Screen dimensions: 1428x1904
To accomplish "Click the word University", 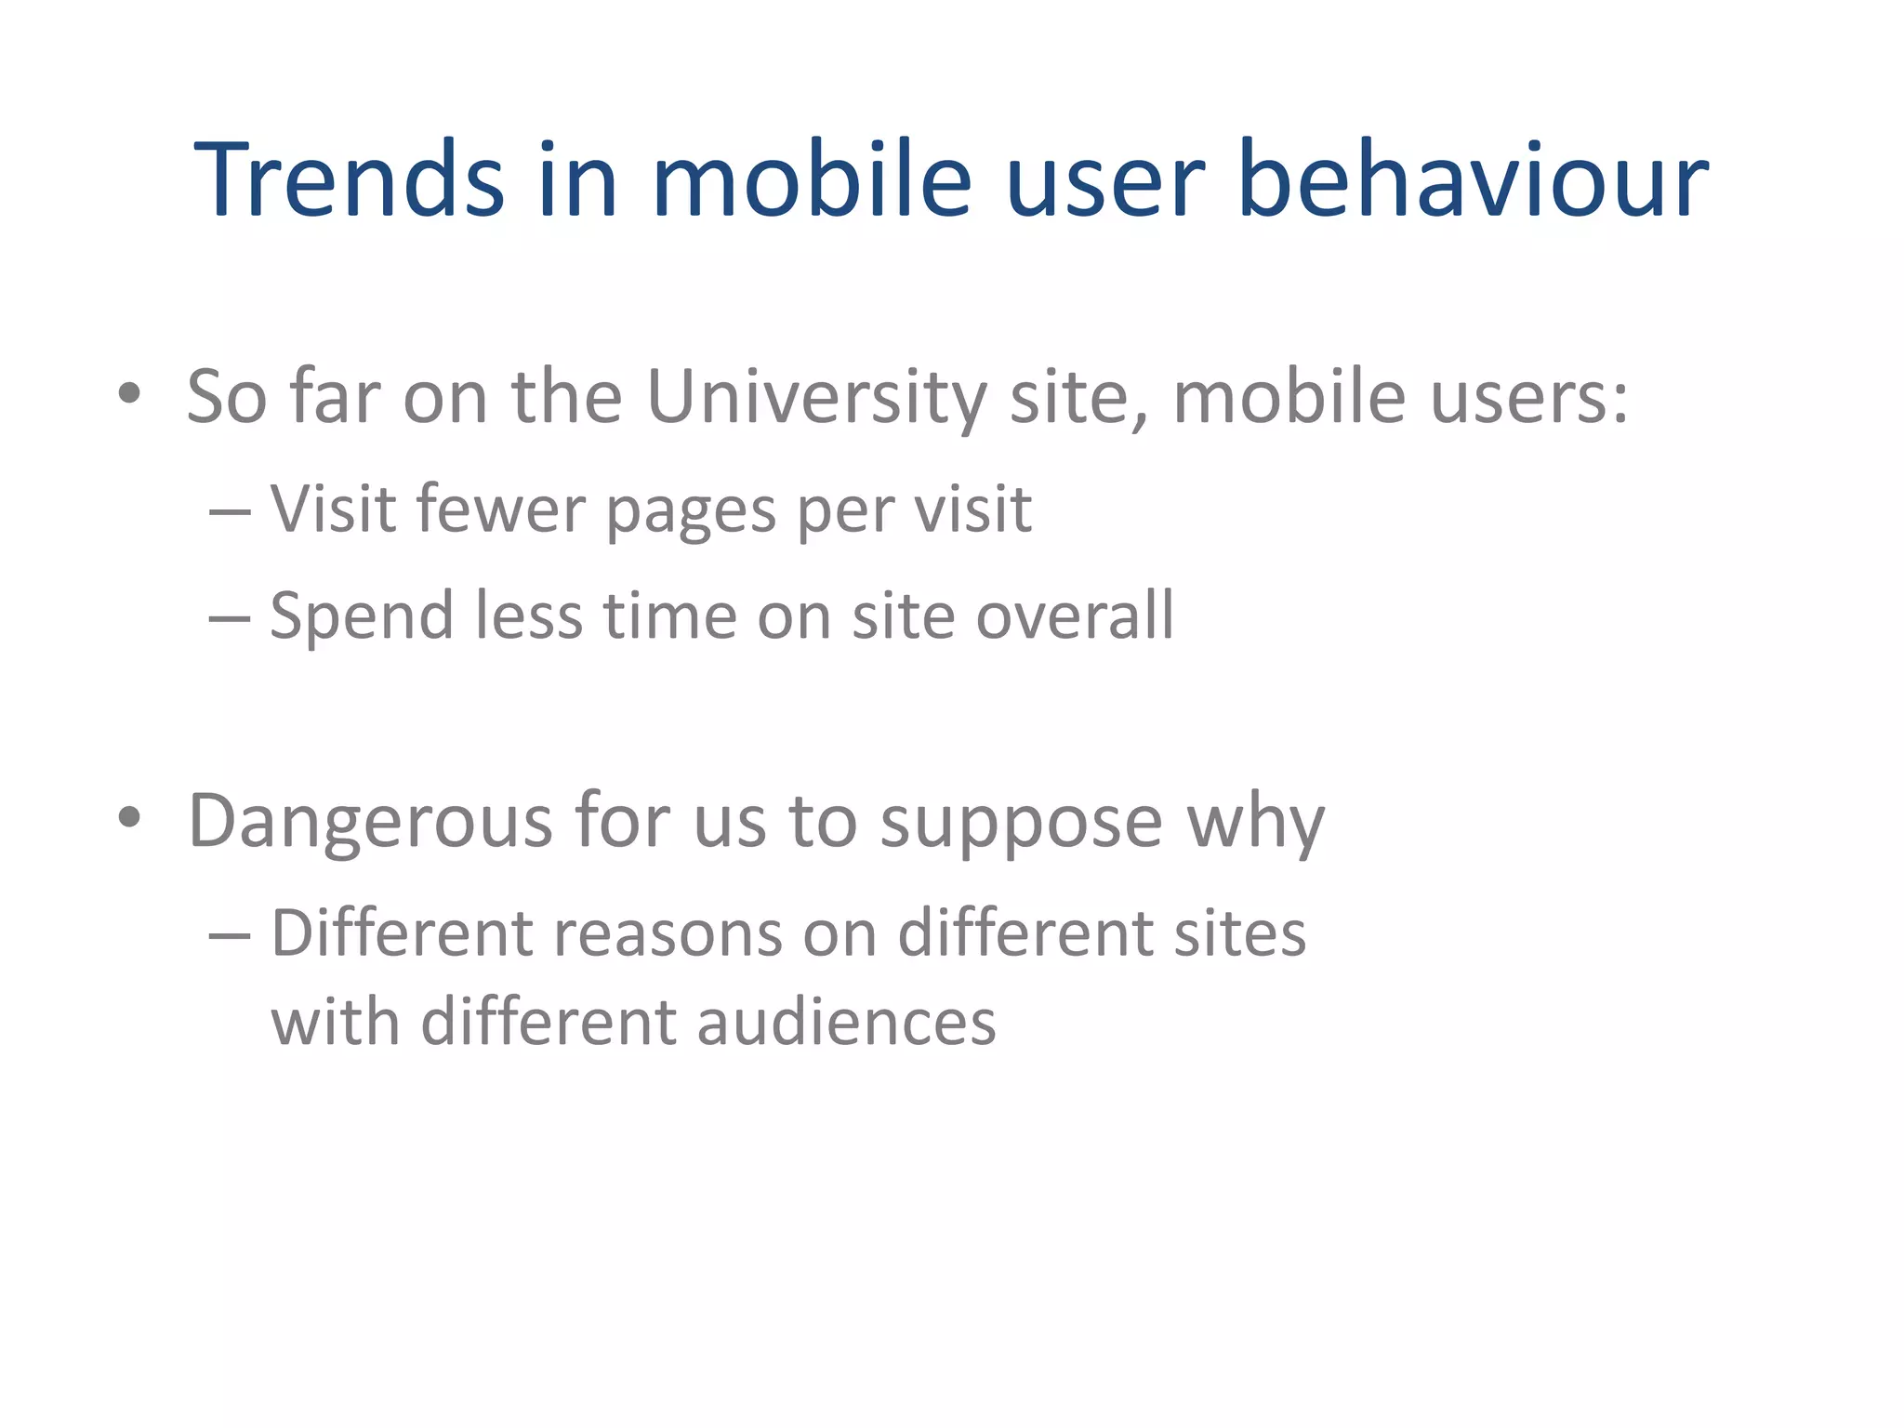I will pyautogui.click(x=815, y=397).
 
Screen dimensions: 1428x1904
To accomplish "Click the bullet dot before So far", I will pyautogui.click(x=129, y=393).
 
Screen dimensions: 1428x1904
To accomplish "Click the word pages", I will pyautogui.click(x=691, y=511).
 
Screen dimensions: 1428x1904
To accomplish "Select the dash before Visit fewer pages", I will pyautogui.click(x=230, y=511).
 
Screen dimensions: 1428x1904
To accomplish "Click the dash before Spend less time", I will pyautogui.click(x=230, y=617).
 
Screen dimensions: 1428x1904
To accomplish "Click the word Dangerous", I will pyautogui.click(x=370, y=822).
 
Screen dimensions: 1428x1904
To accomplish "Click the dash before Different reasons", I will pyautogui.click(x=230, y=934).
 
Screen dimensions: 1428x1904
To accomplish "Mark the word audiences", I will pyautogui.click(x=846, y=1022).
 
